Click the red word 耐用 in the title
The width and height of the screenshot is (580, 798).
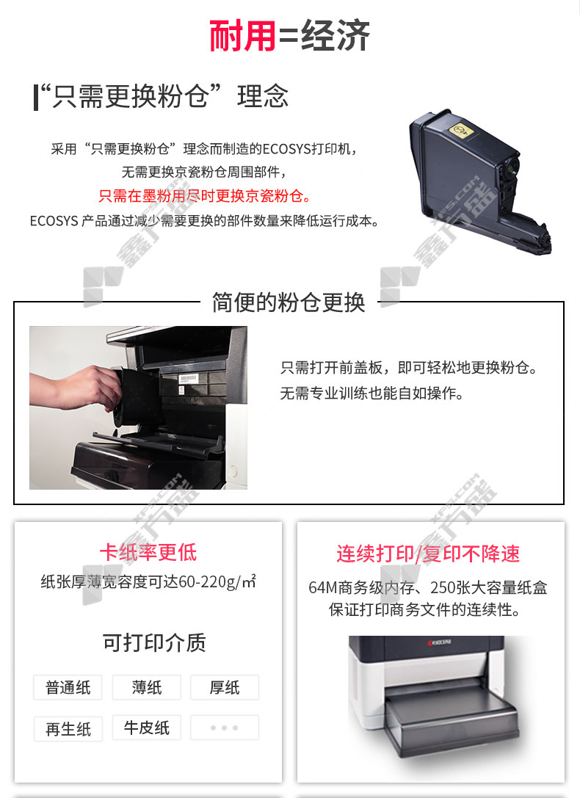[x=243, y=36]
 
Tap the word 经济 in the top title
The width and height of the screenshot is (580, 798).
[x=336, y=36]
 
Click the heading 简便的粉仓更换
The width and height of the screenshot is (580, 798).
[x=289, y=302]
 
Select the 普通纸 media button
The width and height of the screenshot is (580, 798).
[x=68, y=688]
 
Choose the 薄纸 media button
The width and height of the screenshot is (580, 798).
[x=147, y=688]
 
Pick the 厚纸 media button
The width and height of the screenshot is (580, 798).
[x=225, y=688]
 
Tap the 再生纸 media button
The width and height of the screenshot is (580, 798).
[x=68, y=729]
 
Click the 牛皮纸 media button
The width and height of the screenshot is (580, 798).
[x=147, y=728]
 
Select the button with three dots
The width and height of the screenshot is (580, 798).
[x=225, y=728]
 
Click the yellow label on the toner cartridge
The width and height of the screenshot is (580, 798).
[x=461, y=131]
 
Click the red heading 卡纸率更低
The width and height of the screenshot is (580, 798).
[x=148, y=553]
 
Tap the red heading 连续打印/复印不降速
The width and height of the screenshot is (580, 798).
[x=428, y=554]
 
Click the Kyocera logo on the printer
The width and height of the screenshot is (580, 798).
[x=438, y=642]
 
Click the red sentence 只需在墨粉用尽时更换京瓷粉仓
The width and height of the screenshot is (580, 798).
[x=205, y=195]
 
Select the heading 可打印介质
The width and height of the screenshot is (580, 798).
[x=154, y=643]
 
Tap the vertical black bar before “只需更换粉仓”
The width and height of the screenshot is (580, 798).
[x=36, y=97]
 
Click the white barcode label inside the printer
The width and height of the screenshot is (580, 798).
[x=188, y=378]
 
